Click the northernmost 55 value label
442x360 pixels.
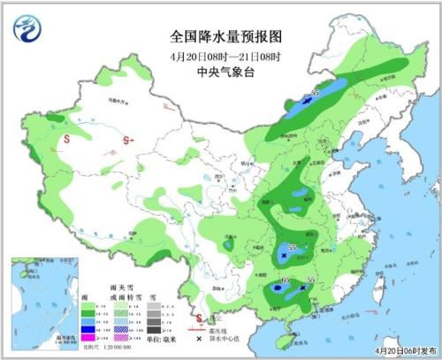click(x=314, y=92)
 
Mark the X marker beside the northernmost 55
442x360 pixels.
click(x=307, y=103)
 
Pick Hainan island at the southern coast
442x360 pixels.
click(x=280, y=337)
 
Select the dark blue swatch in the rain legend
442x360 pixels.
click(x=88, y=325)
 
